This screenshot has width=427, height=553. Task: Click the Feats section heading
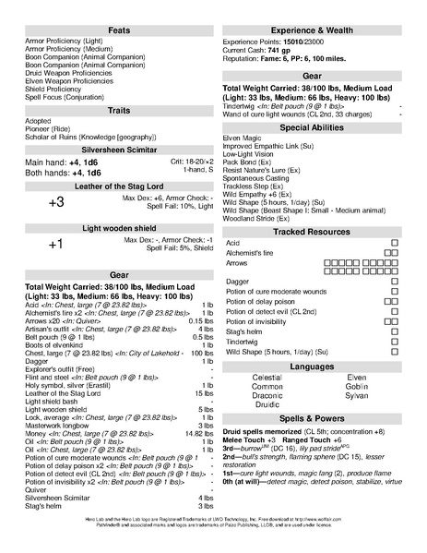pyautogui.click(x=119, y=30)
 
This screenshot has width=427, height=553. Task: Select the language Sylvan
pyautogui.click(x=357, y=395)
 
